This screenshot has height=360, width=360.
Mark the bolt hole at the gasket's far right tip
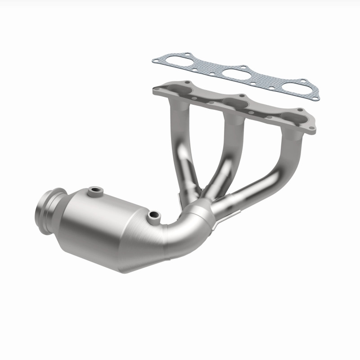coord(316,97)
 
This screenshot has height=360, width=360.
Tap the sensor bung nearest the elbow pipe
coord(154,216)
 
